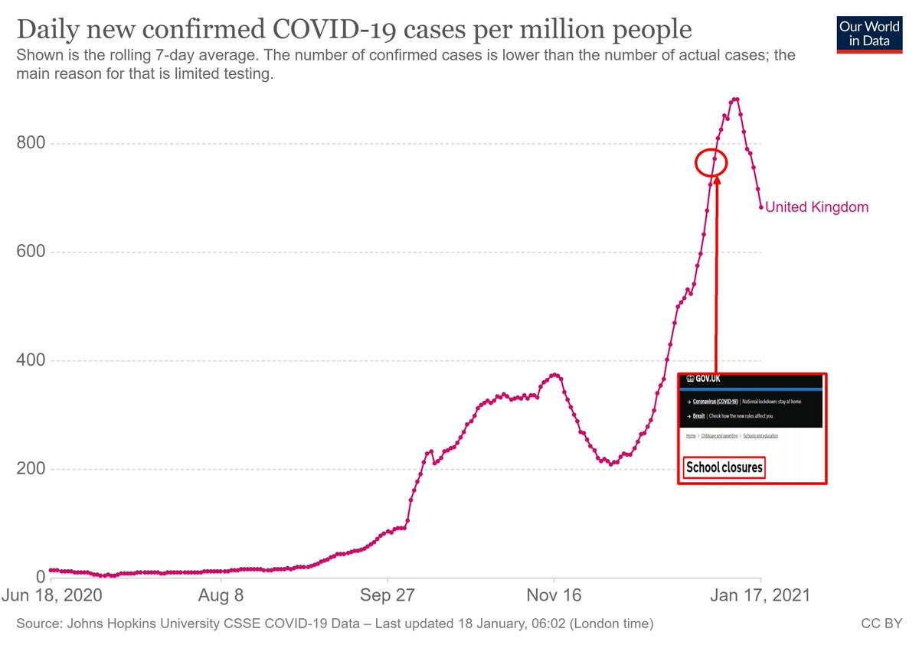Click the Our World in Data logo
(869, 33)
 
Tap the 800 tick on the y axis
(31, 143)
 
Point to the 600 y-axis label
(31, 252)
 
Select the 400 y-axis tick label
(31, 360)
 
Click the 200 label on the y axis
(31, 469)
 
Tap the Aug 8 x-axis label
(221, 595)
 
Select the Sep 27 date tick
(388, 595)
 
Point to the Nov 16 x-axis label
(554, 595)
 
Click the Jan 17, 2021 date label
(760, 595)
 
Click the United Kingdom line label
(817, 207)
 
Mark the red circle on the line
(711, 162)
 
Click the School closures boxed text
(724, 467)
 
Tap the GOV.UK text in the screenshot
(705, 379)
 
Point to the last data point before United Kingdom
(761, 207)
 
